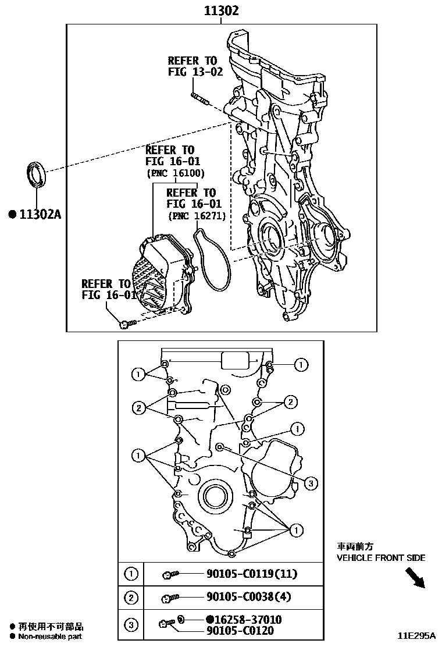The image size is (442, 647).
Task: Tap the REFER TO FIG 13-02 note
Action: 192,66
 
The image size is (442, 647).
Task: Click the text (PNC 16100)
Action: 175,173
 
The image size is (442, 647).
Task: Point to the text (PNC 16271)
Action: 196,216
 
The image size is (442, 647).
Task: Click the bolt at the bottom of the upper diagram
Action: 127,323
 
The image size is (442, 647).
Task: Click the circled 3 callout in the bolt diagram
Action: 311,482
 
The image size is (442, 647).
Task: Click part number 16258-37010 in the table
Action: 244,620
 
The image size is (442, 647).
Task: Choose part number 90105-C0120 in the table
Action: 239,631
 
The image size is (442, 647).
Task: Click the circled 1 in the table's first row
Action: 131,574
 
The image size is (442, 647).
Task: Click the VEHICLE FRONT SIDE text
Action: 381,557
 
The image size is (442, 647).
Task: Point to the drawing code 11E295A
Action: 417,636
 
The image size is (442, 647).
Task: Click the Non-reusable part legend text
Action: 49,636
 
